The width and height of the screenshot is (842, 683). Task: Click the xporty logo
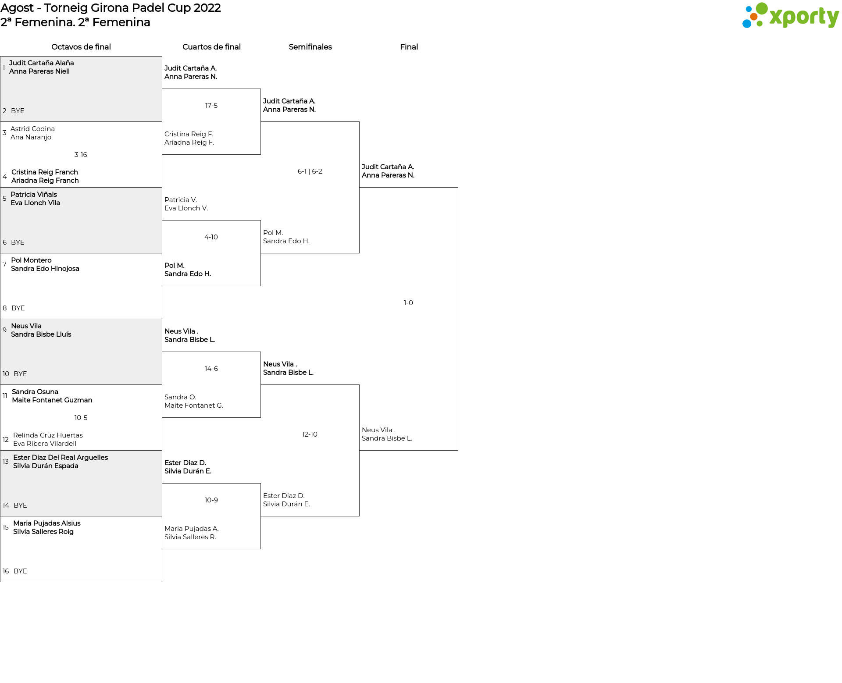coord(790,16)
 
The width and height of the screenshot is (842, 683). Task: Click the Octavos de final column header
coord(81,47)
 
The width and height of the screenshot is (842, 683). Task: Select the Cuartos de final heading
coord(211,47)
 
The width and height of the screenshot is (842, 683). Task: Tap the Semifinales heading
coord(310,47)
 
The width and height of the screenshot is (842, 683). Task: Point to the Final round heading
coord(409,47)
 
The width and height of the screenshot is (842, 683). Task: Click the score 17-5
coord(211,106)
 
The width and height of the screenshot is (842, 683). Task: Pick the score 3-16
coord(81,155)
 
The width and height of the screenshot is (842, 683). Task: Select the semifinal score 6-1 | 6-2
coord(310,171)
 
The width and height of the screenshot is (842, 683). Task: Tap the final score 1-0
coord(408,303)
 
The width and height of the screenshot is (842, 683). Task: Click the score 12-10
coord(310,434)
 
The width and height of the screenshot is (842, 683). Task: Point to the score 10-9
coord(211,500)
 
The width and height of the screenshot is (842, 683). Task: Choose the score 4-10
coord(211,237)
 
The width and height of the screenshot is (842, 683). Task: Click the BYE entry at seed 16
coord(20,571)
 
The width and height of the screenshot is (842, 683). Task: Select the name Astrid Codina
coord(32,129)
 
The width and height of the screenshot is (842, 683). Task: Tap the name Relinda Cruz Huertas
coord(48,435)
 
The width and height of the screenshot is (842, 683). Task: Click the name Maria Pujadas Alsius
coord(47,523)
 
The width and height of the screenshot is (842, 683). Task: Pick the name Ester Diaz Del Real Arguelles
coord(61,458)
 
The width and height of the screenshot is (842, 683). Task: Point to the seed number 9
coord(4,330)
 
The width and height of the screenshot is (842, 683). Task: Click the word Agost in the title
coord(17,8)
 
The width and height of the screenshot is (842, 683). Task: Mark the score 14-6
coord(211,369)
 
